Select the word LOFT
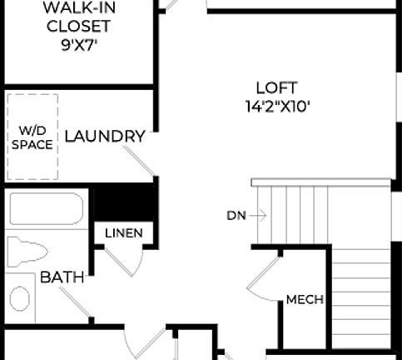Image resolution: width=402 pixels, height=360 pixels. click(276, 87)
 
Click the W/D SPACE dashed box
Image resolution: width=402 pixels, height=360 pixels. click(32, 137)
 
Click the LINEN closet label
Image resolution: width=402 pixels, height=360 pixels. click(123, 233)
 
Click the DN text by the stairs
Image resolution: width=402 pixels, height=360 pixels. click(236, 215)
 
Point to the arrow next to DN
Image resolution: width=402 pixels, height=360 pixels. click(257, 215)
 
